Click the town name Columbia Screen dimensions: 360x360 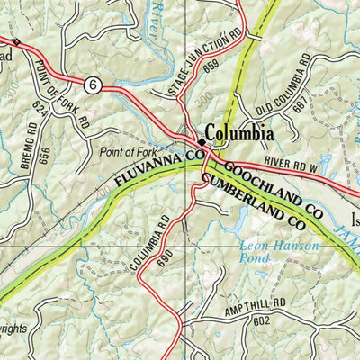[238, 133]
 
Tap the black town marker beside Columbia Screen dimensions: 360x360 [200, 141]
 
